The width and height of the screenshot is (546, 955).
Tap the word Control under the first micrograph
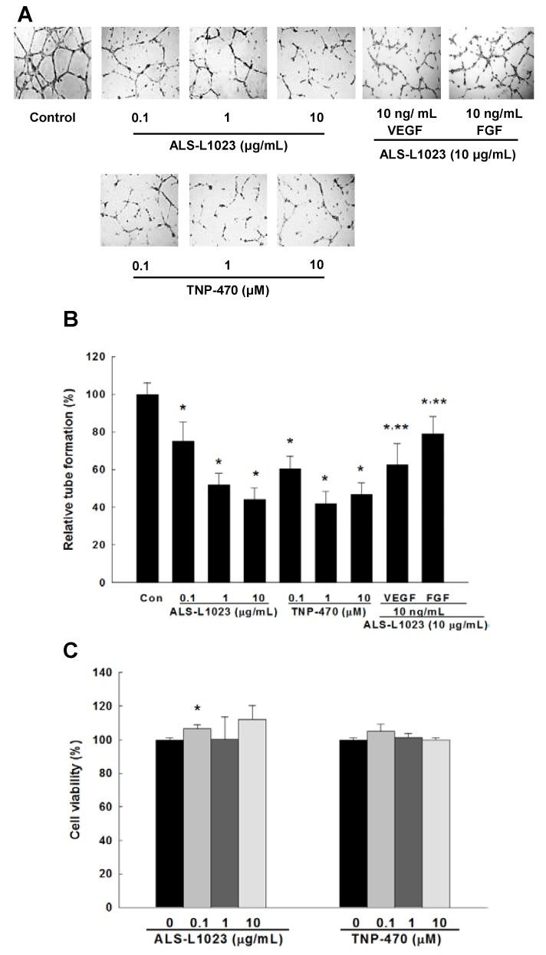(x=52, y=118)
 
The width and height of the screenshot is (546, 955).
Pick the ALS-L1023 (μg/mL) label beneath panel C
(x=213, y=937)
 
